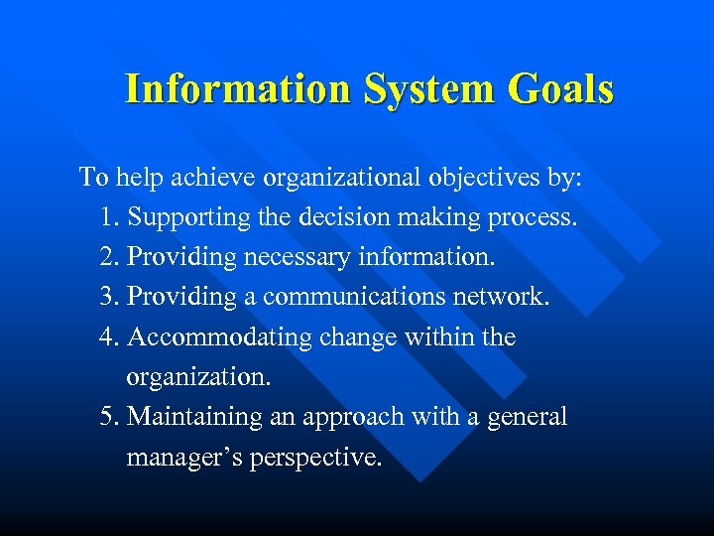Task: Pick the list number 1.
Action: coord(108,217)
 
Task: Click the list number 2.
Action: coord(109,257)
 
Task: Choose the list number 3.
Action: coord(109,297)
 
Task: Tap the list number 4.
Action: coord(109,336)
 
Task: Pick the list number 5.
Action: coord(109,416)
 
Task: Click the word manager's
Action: coord(183,458)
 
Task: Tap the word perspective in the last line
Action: coord(314,458)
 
